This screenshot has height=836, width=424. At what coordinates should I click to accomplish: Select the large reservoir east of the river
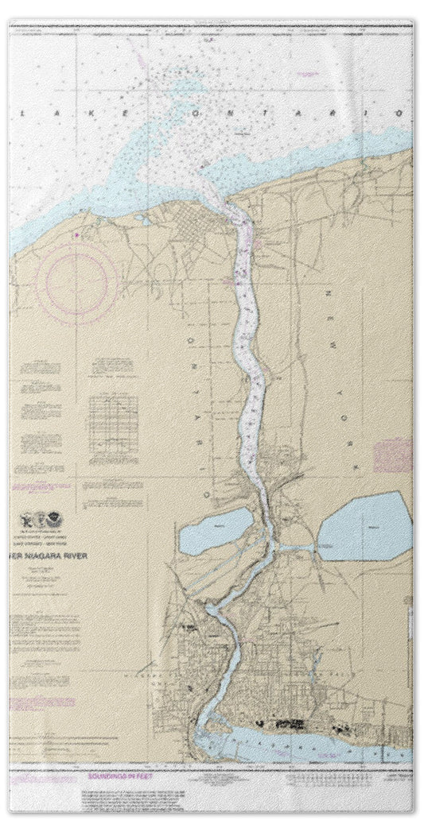(x=365, y=526)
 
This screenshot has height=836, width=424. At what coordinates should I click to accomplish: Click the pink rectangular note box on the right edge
(x=392, y=455)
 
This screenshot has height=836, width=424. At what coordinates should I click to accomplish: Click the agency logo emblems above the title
(x=41, y=522)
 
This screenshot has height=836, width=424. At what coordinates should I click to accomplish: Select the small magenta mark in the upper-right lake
(x=305, y=73)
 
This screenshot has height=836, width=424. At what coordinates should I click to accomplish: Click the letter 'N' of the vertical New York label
(x=329, y=296)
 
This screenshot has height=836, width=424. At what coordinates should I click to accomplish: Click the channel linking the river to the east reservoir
(x=296, y=548)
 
